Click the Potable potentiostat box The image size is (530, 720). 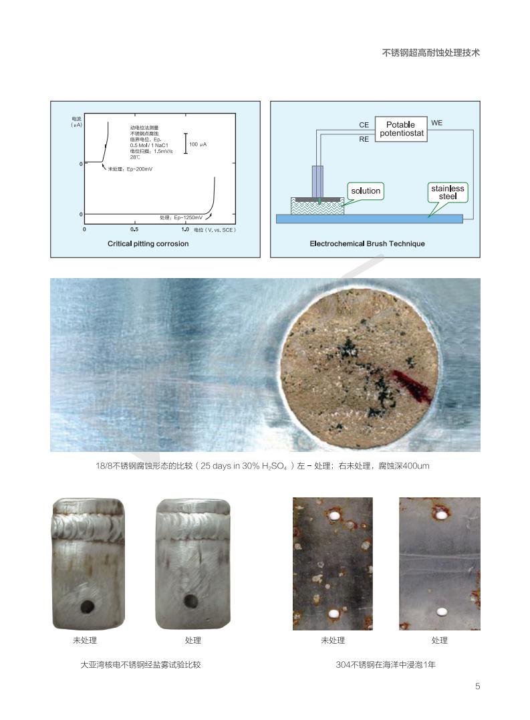point(401,129)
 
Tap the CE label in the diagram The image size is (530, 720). point(364,125)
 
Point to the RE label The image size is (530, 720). point(364,139)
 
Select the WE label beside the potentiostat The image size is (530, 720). point(437,123)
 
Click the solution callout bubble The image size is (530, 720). point(366,191)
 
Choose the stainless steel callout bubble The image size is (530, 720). point(447,193)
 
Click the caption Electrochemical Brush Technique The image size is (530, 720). point(367,244)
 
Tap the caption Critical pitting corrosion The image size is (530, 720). point(148,244)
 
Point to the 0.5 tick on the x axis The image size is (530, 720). point(134,229)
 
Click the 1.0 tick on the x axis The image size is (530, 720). point(185,229)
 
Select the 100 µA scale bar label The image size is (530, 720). point(198,144)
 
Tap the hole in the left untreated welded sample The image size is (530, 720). point(88,607)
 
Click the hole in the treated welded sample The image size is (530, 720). point(191,601)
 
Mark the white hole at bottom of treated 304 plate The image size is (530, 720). point(442,612)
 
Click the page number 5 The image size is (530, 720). point(478,687)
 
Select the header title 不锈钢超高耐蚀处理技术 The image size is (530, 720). point(431,53)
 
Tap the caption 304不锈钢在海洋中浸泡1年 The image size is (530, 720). point(386,665)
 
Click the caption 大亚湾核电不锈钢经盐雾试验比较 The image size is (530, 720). point(140,665)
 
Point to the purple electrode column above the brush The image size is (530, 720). point(317,181)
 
